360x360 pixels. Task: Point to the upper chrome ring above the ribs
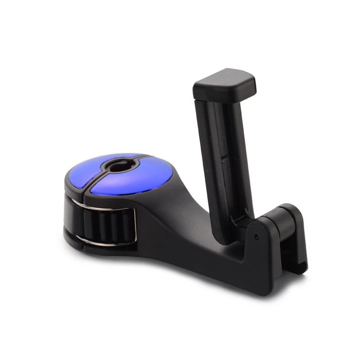[x=108, y=207]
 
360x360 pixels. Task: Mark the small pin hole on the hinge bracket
[x=256, y=237]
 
